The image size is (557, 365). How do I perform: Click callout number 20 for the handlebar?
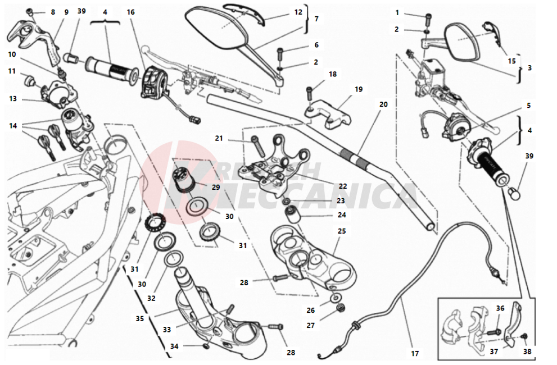point(384,104)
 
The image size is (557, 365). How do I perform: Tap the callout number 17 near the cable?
point(414,353)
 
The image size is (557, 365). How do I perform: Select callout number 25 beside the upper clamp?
point(342,231)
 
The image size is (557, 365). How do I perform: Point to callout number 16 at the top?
point(130,12)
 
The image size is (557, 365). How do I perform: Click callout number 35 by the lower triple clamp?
point(140,318)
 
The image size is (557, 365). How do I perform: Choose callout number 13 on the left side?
point(13,99)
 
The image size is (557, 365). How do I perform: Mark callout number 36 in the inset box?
point(500,308)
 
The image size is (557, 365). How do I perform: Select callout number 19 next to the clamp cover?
point(358,89)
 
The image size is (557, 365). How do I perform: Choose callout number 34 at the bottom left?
point(174,346)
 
